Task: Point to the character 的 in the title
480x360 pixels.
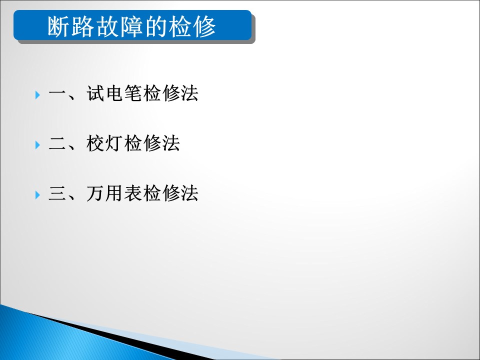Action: [x=156, y=26]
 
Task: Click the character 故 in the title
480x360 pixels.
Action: [x=107, y=26]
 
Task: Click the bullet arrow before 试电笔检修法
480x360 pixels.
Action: [x=37, y=94]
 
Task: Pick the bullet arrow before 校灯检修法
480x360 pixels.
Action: [x=37, y=145]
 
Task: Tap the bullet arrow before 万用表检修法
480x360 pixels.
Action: [x=37, y=194]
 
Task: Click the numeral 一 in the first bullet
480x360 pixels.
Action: [x=57, y=93]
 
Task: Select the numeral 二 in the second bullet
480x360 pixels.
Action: [x=57, y=143]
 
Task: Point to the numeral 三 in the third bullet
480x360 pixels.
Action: [x=57, y=193]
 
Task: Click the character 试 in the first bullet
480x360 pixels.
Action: [x=95, y=93]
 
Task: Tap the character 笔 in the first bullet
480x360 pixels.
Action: [x=133, y=93]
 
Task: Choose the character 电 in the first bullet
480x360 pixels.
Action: [x=114, y=93]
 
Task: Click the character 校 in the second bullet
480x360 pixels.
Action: [x=95, y=143]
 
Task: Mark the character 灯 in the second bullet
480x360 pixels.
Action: [x=114, y=143]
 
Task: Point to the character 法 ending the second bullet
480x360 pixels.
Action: [x=171, y=143]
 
